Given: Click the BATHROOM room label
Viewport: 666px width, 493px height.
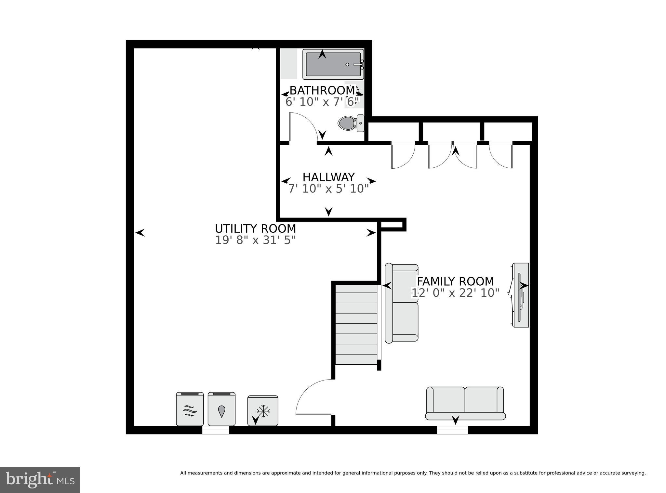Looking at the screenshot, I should [322, 90].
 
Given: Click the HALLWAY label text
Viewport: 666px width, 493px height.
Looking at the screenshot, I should [328, 177].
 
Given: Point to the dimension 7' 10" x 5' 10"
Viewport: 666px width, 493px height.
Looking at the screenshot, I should [328, 189].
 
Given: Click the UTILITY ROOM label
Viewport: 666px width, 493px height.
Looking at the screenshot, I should [255, 229].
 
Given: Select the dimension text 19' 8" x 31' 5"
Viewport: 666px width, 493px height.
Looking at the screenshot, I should [255, 240].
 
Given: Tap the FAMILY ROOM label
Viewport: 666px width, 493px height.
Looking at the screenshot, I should [455, 281].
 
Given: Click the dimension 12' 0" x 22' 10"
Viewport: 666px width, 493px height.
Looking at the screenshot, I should [455, 293].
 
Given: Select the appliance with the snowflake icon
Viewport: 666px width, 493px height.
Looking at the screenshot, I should [263, 411].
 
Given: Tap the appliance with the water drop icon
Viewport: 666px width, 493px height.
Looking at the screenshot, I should [221, 409].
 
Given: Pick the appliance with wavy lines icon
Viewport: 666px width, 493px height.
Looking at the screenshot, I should [190, 409].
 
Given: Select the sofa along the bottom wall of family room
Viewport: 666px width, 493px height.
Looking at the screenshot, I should [465, 403].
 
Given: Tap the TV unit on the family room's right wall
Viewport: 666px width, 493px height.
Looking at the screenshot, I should [520, 295].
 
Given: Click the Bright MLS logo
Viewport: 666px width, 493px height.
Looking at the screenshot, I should [40, 480].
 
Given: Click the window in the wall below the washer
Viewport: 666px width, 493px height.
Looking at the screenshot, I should [216, 430].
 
